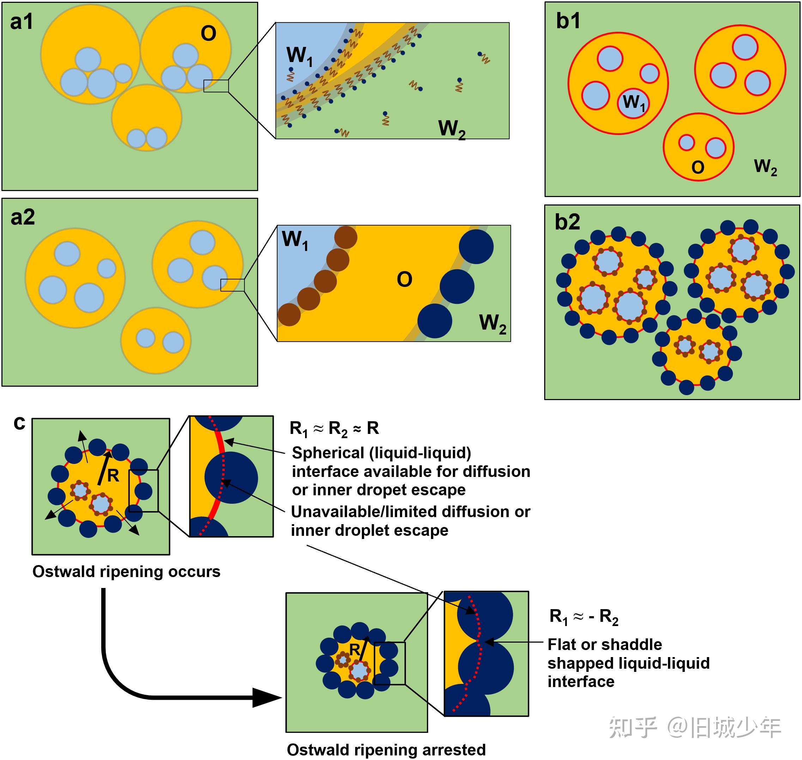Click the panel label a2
(23, 217)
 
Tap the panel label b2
(567, 222)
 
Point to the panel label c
(19, 423)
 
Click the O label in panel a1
(208, 33)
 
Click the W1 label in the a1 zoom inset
(299, 56)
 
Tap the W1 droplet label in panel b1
(633, 103)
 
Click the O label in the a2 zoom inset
(405, 280)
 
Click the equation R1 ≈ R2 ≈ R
(334, 429)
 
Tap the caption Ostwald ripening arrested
(386, 750)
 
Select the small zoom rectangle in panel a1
(216, 86)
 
